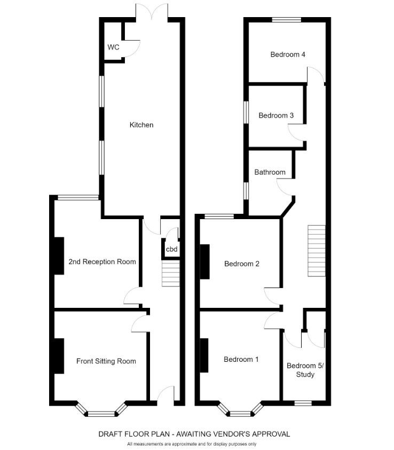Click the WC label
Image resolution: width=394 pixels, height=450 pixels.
(x=113, y=47)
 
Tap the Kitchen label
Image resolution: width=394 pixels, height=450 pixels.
(x=141, y=125)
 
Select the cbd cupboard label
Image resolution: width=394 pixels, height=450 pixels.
(x=171, y=250)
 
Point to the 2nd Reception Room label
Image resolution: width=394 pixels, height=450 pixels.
(x=102, y=262)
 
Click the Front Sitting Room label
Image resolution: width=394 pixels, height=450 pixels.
(x=106, y=361)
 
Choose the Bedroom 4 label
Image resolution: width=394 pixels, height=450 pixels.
(x=288, y=54)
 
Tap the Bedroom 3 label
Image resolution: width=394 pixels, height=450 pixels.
(x=276, y=115)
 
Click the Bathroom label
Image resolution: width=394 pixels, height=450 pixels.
(x=270, y=173)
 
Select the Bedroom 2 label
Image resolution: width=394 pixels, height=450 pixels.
(x=242, y=263)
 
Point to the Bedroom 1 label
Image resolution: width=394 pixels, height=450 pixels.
(x=241, y=359)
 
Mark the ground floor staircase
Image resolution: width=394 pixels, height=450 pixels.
(x=170, y=273)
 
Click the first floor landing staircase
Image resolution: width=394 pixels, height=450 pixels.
(x=316, y=251)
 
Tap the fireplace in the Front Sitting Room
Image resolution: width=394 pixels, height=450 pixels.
(x=58, y=356)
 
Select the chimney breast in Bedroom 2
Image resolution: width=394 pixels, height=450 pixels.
(x=204, y=261)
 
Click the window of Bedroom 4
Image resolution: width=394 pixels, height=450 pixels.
(x=286, y=20)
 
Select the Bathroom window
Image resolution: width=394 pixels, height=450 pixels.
(x=246, y=190)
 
